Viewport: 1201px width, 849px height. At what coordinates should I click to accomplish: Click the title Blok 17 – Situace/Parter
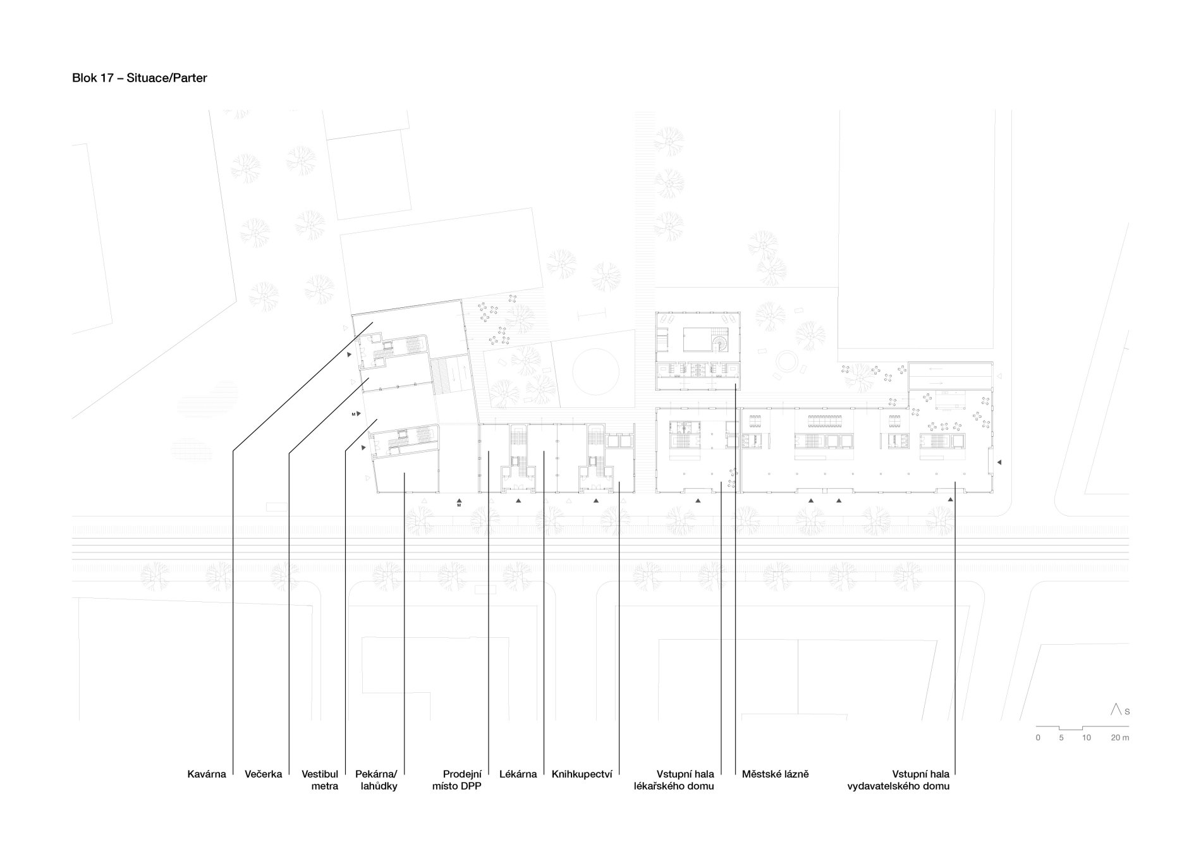click(x=140, y=78)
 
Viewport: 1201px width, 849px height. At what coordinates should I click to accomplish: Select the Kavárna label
click(x=206, y=774)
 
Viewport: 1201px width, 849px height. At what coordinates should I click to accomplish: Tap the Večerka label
click(x=263, y=774)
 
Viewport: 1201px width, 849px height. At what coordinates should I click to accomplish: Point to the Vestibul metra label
click(x=320, y=780)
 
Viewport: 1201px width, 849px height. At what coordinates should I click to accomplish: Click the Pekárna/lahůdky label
click(x=376, y=780)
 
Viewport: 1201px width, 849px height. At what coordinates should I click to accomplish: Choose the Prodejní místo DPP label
click(x=457, y=780)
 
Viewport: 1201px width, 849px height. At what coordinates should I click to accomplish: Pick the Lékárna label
click(x=518, y=774)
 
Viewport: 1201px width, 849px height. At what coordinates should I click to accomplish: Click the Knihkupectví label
click(x=582, y=774)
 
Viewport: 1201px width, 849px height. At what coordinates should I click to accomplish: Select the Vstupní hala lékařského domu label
click(x=674, y=780)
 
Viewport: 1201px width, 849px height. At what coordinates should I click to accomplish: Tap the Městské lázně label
click(x=776, y=774)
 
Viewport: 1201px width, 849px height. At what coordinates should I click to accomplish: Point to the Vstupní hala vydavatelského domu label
click(x=898, y=780)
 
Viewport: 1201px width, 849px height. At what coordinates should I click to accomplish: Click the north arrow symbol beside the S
click(x=1116, y=709)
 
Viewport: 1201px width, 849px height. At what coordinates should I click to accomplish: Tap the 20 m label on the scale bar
click(x=1120, y=738)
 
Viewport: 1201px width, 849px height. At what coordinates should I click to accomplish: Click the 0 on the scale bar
click(x=1038, y=738)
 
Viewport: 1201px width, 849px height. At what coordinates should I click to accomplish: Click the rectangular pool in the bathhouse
click(x=696, y=340)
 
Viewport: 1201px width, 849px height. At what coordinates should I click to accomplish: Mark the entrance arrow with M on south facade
click(x=460, y=503)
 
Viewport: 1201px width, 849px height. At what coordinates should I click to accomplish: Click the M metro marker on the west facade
click(x=356, y=414)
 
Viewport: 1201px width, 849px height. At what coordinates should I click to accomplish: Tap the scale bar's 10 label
click(x=1086, y=738)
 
